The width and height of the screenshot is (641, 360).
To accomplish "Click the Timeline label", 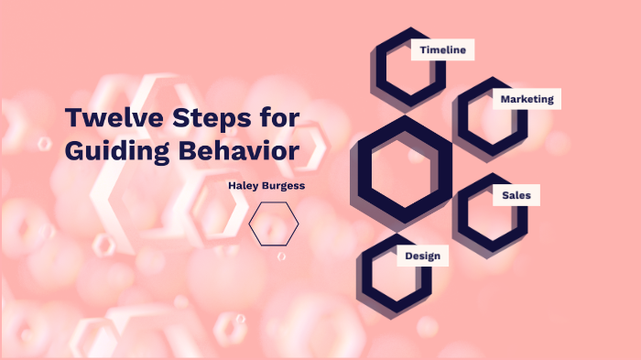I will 443,50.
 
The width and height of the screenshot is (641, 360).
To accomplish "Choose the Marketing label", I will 527,99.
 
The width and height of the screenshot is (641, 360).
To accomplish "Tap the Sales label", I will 516,195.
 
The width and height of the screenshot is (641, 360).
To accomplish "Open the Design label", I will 423,256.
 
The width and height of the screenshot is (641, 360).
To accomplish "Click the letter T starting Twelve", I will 74,119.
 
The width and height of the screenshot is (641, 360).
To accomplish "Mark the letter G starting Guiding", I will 75,151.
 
